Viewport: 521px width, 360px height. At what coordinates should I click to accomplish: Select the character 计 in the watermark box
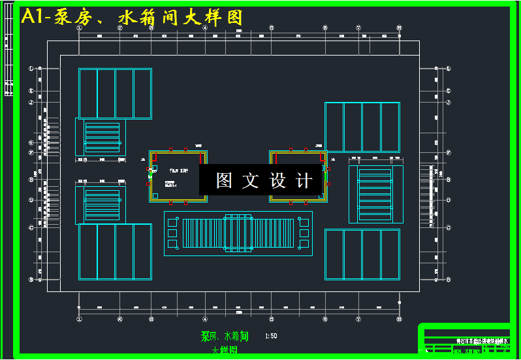(304, 181)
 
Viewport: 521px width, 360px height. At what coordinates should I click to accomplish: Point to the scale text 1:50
(272, 336)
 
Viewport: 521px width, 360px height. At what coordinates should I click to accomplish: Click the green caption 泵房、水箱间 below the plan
(225, 336)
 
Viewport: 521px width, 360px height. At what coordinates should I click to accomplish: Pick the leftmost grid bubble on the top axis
(79, 28)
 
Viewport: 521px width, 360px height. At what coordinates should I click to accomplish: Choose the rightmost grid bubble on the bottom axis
(399, 319)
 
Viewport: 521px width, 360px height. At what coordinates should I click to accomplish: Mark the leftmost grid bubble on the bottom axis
(79, 319)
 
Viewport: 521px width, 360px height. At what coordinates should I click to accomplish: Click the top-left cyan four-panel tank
(115, 93)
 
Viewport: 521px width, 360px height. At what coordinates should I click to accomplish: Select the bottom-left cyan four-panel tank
(115, 252)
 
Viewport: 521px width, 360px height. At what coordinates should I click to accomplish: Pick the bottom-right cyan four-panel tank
(362, 254)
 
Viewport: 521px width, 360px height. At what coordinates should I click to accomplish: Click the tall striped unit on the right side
(375, 194)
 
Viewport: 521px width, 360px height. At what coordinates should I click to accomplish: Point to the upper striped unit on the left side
(102, 137)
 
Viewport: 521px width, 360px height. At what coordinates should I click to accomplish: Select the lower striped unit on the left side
(102, 204)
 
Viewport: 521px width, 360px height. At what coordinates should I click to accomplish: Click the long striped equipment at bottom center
(238, 234)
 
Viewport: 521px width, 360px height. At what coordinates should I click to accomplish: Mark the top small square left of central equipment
(173, 223)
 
